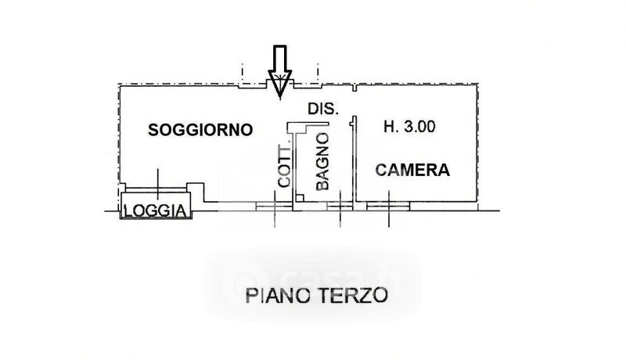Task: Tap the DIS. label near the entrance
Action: [322, 111]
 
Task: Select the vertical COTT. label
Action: [286, 167]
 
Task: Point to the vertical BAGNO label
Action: [322, 162]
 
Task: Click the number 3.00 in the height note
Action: [420, 127]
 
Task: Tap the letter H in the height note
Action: [389, 127]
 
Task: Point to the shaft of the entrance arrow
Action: [279, 56]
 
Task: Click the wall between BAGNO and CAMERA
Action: [354, 160]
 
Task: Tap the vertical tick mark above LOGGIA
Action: [158, 182]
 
